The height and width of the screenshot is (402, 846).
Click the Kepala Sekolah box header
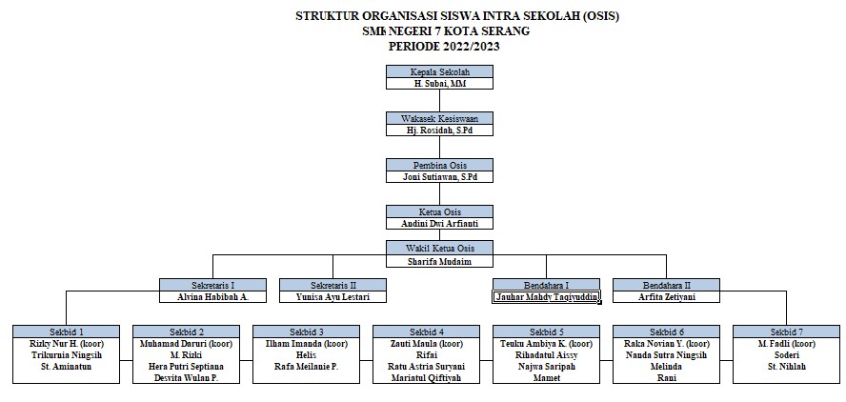click(439, 71)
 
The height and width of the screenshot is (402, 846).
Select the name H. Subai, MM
click(439, 84)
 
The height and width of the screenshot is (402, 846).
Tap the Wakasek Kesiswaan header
click(439, 118)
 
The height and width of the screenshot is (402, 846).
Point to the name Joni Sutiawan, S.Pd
click(439, 177)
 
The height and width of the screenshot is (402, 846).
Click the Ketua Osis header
click(439, 211)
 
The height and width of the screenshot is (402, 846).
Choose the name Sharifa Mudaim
click(439, 261)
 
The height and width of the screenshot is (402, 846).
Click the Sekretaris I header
click(213, 284)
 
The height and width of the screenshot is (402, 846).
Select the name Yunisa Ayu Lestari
click(332, 296)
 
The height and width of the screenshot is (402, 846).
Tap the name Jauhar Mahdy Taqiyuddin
click(546, 297)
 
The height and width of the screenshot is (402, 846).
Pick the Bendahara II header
click(666, 284)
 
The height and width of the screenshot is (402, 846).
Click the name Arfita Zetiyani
click(666, 296)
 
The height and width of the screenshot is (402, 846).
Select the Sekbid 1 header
click(66, 331)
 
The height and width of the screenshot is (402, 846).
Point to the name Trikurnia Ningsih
click(66, 354)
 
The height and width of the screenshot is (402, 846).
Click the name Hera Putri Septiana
click(187, 366)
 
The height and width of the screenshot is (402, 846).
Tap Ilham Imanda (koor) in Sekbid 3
click(307, 343)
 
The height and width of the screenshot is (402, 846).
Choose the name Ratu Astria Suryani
click(427, 366)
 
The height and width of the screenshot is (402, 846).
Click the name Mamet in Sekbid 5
click(546, 378)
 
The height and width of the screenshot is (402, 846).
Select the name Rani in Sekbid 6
click(667, 378)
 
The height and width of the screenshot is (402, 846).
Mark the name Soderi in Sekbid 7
click(786, 354)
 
